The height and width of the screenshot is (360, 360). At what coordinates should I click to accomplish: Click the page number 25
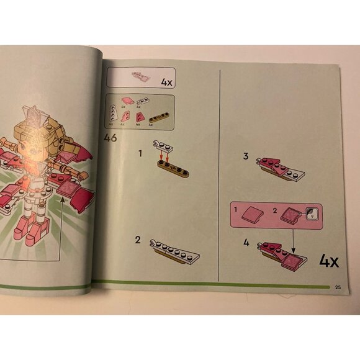[x=337, y=287]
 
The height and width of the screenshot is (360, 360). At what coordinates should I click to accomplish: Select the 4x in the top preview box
[x=166, y=82]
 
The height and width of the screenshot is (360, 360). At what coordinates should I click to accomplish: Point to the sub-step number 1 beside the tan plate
[x=140, y=151]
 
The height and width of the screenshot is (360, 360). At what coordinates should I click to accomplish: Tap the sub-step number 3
[x=246, y=156]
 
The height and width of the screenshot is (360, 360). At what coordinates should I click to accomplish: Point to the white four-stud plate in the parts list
[x=145, y=102]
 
